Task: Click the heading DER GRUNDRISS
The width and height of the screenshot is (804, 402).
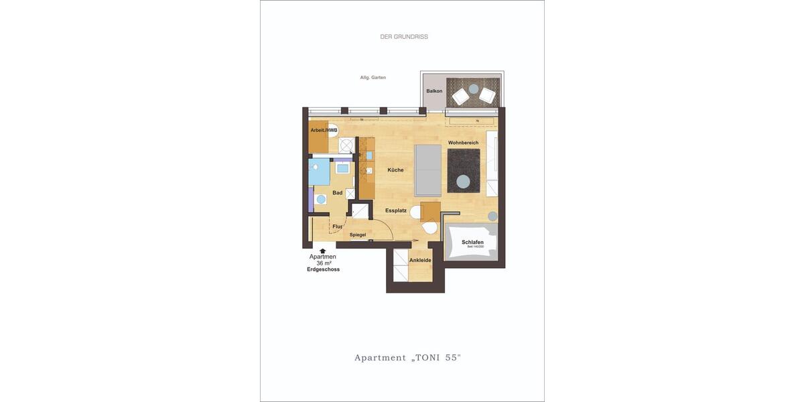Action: [x=404, y=37]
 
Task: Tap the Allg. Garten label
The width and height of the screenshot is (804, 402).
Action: [x=373, y=78]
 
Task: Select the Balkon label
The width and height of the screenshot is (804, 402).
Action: [x=434, y=91]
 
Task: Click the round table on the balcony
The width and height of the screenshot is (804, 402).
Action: [x=474, y=88]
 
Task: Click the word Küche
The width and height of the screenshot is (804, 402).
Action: [x=395, y=170]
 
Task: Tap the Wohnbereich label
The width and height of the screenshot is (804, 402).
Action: [x=463, y=143]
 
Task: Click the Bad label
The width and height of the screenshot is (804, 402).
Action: [x=338, y=193]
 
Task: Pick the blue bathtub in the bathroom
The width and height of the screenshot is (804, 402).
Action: [x=320, y=172]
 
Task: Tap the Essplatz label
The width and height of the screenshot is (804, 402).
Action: [x=396, y=210]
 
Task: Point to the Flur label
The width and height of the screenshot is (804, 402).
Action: [x=337, y=226]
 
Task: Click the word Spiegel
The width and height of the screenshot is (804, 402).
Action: [x=358, y=234]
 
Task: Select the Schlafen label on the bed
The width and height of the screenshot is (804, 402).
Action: [x=472, y=242]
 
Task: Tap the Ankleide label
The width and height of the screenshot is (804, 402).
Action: [x=420, y=260]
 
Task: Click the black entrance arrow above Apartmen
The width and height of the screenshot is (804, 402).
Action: [x=322, y=251]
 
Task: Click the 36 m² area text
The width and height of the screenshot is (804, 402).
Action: [x=323, y=263]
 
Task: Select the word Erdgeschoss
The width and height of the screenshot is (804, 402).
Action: [x=323, y=269]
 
